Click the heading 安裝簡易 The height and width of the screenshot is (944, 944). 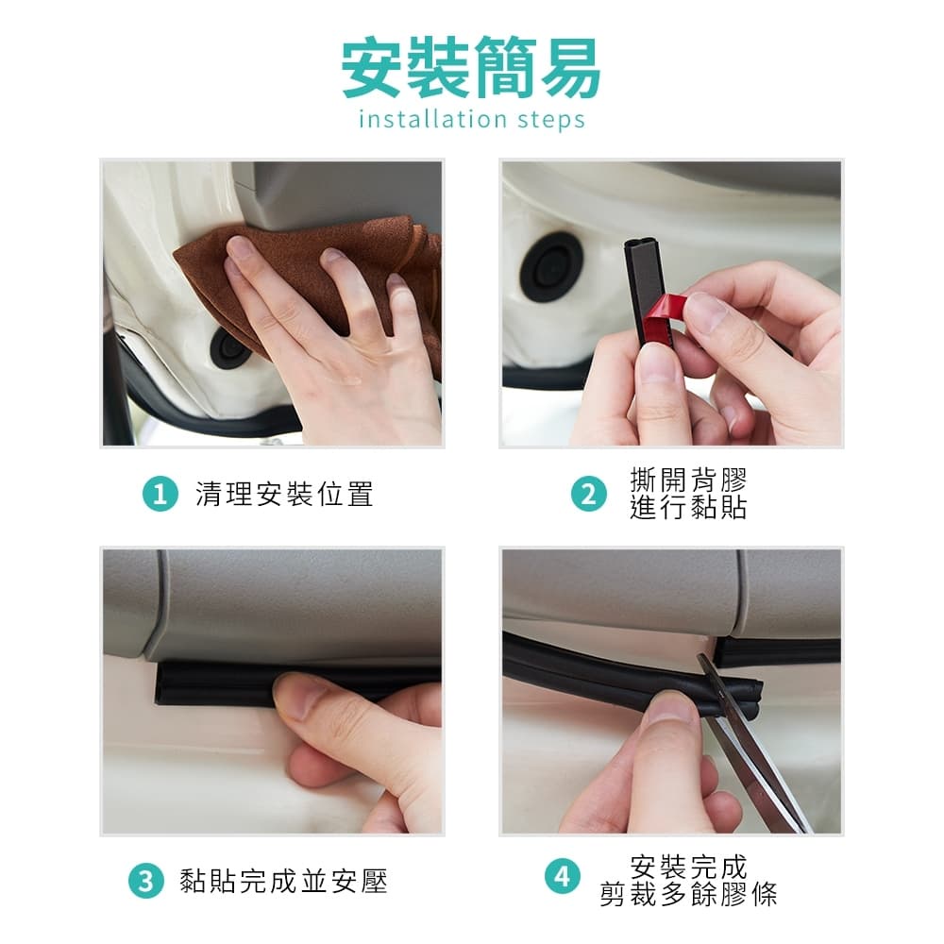point(471,67)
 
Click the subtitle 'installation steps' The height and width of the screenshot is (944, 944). point(471,119)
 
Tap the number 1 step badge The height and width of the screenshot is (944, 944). point(160,495)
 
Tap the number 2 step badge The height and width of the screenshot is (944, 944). point(589,495)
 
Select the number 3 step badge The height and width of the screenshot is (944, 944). point(145,882)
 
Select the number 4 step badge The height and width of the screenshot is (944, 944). point(563,877)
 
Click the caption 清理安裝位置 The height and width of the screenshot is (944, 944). point(284,495)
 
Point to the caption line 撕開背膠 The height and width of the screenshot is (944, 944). point(688,480)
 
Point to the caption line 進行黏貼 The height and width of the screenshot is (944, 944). point(688,507)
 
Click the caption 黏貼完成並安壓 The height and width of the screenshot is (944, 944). point(283,882)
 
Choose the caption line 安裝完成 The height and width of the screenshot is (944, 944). point(688,867)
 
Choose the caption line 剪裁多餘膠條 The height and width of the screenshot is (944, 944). point(688,894)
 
